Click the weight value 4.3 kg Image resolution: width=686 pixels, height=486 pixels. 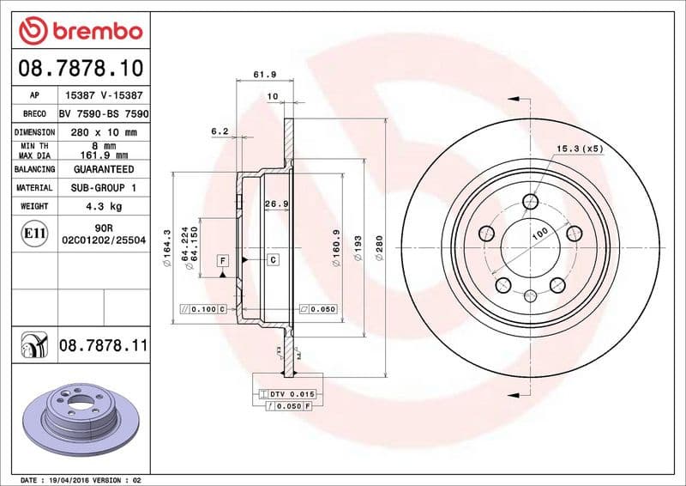coord(104,206)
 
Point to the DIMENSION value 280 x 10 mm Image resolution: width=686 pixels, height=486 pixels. coord(104,132)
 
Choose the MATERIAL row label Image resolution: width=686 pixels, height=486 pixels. coord(34,187)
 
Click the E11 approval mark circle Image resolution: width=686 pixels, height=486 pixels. coord(34,233)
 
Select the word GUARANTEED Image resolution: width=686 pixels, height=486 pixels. coord(104,170)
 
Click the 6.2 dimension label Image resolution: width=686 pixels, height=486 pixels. coord(220,131)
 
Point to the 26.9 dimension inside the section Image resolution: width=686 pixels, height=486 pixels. coord(274,204)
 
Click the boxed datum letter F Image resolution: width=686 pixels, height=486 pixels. coord(222,259)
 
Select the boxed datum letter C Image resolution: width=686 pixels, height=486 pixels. coord(272,259)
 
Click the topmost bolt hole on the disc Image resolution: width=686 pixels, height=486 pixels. coord(530,202)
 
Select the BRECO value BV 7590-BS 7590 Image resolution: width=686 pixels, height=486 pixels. coord(104,113)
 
